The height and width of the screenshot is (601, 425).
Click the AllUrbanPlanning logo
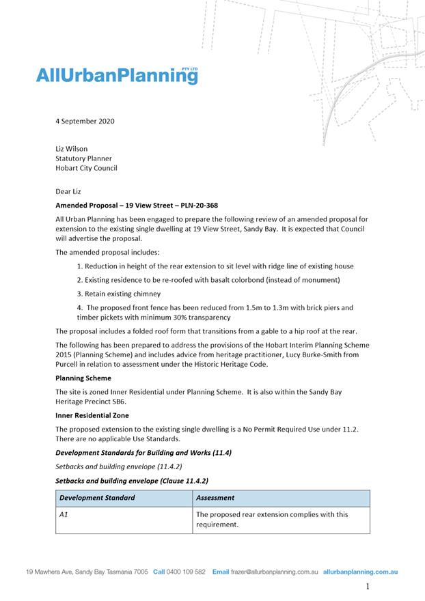[116, 76]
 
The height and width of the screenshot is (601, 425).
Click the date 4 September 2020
[85, 122]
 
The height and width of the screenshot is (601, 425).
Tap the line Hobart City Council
[86, 168]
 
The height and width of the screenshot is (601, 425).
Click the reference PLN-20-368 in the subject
[195, 205]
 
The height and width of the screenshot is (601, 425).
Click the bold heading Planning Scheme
[83, 378]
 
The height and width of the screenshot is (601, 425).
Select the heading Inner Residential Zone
[92, 415]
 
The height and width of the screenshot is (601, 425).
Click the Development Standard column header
[97, 498]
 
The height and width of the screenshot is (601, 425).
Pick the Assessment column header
[215, 498]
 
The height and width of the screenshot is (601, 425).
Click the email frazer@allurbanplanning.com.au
[275, 572]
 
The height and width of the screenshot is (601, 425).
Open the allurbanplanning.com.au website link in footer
[360, 572]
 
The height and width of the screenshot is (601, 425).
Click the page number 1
[368, 587]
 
